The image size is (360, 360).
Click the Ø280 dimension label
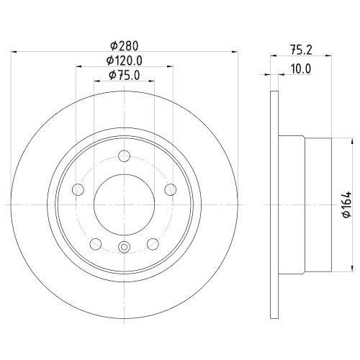click(x=125, y=45)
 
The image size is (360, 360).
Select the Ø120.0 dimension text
click(x=125, y=60)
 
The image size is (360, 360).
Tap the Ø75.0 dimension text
click(x=124, y=75)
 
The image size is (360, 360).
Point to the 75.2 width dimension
click(x=301, y=50)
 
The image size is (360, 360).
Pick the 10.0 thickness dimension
click(x=301, y=69)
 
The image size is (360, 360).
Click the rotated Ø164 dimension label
click(x=347, y=204)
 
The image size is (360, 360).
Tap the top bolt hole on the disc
click(x=125, y=156)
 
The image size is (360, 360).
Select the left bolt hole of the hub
click(x=78, y=189)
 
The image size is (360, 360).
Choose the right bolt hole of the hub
click(x=171, y=189)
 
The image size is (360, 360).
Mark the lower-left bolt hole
click(x=96, y=244)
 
